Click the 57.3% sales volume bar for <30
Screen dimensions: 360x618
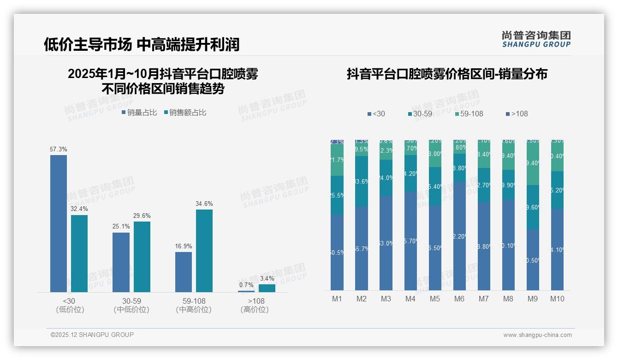(x=59, y=223)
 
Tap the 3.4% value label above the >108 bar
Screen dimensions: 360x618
(x=267, y=278)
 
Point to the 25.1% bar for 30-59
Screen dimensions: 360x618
(x=121, y=262)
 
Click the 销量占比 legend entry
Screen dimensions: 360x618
(x=139, y=113)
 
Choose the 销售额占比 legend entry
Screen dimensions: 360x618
(x=185, y=113)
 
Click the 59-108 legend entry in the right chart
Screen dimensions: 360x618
(x=469, y=114)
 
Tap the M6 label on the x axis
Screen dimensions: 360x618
(x=459, y=299)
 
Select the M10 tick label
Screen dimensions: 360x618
(x=557, y=299)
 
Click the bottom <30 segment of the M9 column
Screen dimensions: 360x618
(x=533, y=260)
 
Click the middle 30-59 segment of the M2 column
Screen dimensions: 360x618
(x=362, y=181)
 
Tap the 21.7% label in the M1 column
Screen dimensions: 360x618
(x=337, y=160)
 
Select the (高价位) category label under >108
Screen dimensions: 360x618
(x=255, y=310)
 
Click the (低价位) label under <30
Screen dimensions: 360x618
(x=70, y=310)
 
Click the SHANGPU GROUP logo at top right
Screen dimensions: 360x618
(x=536, y=39)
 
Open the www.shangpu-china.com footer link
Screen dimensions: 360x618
(x=537, y=335)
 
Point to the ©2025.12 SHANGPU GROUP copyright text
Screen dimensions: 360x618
(x=92, y=335)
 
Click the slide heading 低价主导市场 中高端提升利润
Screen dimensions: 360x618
(x=142, y=44)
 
